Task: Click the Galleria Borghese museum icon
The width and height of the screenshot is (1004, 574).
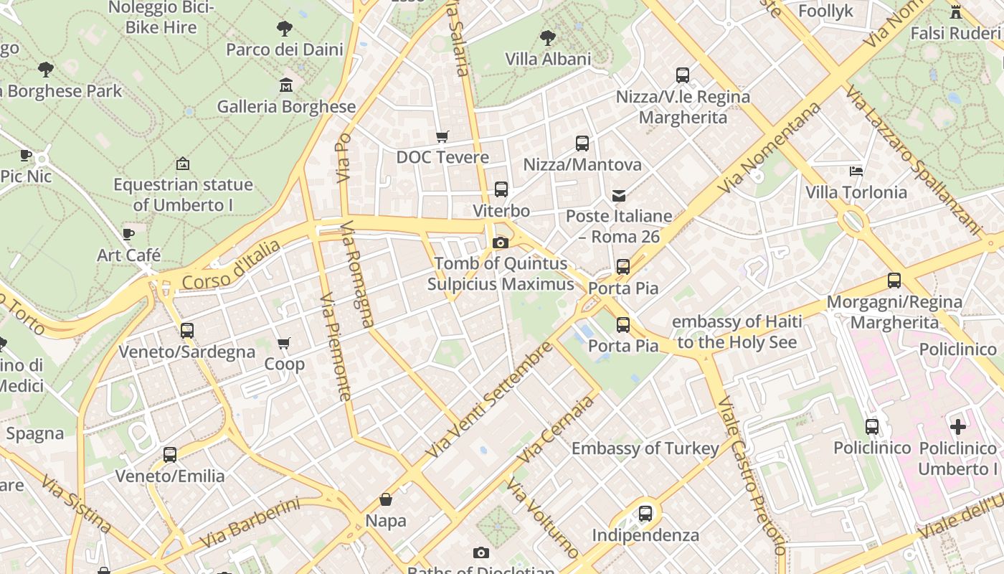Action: [x=286, y=85]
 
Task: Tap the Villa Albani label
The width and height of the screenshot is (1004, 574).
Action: [x=548, y=59]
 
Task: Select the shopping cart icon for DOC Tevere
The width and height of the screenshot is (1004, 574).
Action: [x=442, y=136]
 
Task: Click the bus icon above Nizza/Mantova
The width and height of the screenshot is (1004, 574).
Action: [x=582, y=143]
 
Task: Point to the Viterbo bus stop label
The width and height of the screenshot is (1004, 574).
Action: [x=501, y=211]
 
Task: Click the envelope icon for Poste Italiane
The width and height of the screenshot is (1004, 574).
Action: [x=619, y=195]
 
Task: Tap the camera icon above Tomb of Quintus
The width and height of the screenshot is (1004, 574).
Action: [x=501, y=243]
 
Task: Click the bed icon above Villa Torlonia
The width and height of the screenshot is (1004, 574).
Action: [x=856, y=171]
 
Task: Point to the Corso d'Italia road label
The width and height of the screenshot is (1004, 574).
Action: [x=231, y=266]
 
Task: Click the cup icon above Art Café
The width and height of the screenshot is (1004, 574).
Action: [x=128, y=234]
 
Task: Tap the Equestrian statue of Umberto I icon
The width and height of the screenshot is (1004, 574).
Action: [x=183, y=164]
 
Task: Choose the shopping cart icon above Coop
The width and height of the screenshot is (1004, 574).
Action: [x=284, y=343]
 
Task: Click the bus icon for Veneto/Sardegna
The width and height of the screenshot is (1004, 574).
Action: [x=187, y=331]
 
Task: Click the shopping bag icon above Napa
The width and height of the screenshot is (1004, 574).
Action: [x=386, y=499]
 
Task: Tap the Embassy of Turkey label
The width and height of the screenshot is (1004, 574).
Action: [x=645, y=449]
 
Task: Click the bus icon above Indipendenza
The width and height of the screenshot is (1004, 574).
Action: [x=645, y=514]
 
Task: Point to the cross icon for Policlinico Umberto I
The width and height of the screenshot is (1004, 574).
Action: [x=958, y=427]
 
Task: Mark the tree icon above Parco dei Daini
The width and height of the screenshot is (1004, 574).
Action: [x=285, y=29]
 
